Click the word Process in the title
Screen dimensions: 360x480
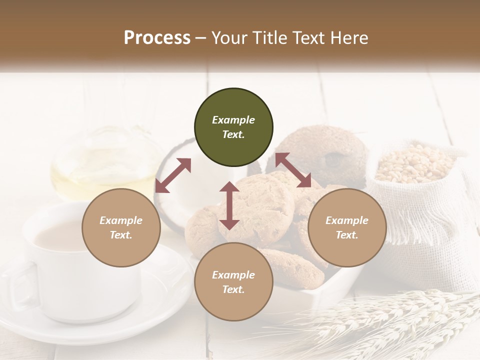(157, 38)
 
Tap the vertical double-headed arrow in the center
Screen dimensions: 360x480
(229, 205)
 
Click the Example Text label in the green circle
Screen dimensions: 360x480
(233, 127)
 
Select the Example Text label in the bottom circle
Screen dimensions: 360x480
(233, 282)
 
